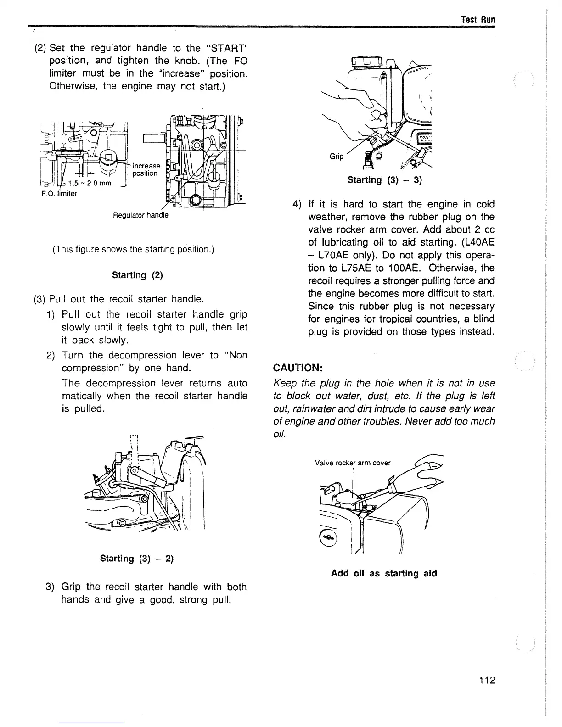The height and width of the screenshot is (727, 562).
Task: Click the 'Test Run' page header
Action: (x=478, y=20)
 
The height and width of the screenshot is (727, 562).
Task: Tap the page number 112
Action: (x=486, y=680)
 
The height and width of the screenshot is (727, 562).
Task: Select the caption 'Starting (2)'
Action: (x=137, y=275)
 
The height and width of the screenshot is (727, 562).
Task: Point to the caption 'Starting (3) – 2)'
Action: (x=136, y=559)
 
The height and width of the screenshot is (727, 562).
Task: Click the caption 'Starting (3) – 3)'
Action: (x=384, y=180)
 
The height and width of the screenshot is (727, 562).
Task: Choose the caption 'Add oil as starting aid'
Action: (x=384, y=573)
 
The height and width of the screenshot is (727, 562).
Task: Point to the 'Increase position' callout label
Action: (x=146, y=169)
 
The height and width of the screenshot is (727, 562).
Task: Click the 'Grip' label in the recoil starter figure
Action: (x=337, y=157)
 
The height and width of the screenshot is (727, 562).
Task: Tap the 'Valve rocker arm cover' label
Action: (x=353, y=463)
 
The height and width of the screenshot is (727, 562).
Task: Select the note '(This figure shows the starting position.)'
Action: (x=134, y=250)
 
